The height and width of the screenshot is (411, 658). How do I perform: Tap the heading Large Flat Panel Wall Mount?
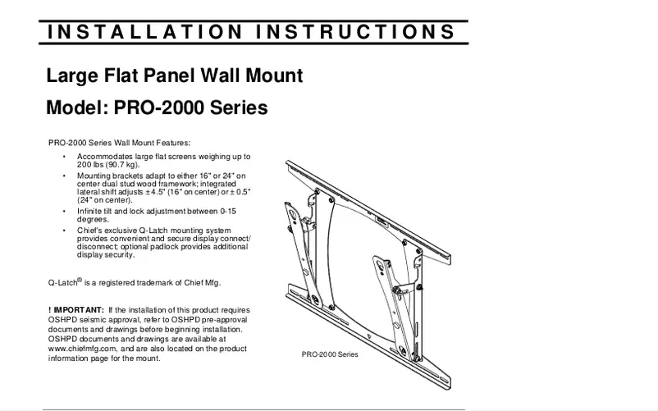pyautogui.click(x=175, y=77)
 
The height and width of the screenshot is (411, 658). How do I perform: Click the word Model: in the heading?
pyautogui.click(x=78, y=108)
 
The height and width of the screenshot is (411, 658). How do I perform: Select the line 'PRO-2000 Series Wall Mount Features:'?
pyautogui.click(x=119, y=142)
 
